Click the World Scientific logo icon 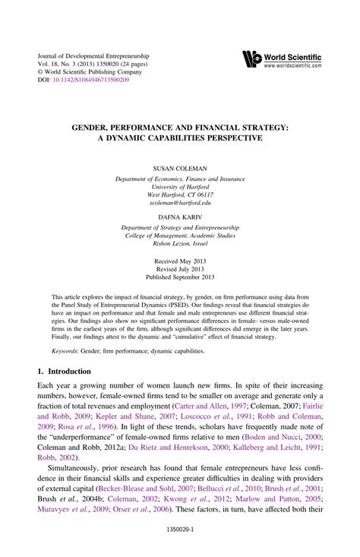pos(251,59)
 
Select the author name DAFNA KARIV pos(180,217)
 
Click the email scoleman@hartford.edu pos(180,202)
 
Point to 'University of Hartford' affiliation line pos(180,185)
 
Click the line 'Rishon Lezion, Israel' pos(180,244)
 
